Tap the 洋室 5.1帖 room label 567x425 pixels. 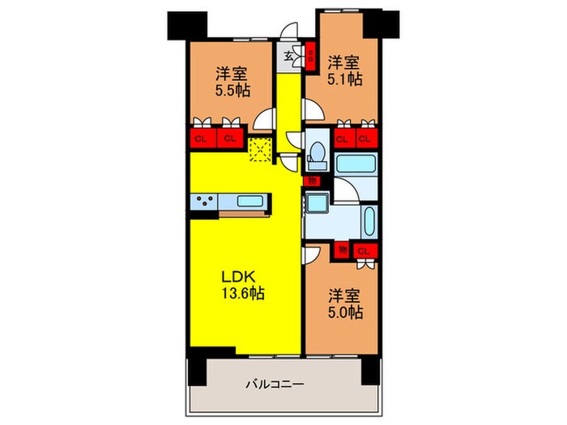[344, 71]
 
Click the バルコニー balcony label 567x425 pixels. [275, 385]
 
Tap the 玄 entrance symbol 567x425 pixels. [288, 58]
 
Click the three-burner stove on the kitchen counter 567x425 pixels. [204, 202]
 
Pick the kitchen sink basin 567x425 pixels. [248, 201]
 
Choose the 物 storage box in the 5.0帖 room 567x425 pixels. [343, 251]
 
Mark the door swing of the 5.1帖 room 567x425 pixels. [311, 111]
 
